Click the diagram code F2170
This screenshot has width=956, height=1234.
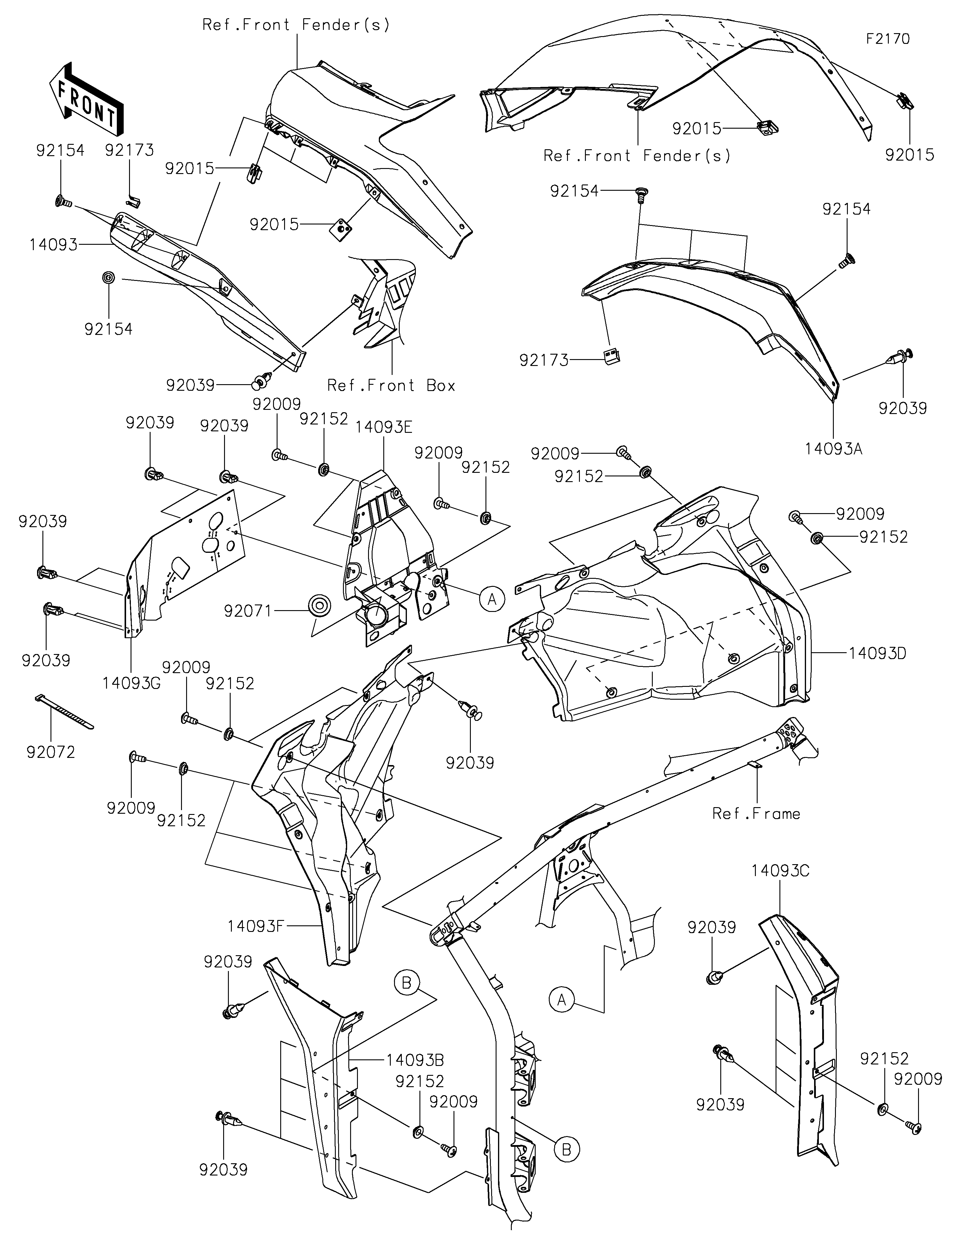pyautogui.click(x=888, y=39)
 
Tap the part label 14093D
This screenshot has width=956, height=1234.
pyautogui.click(x=877, y=653)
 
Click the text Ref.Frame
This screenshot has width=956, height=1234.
pyautogui.click(x=756, y=814)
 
